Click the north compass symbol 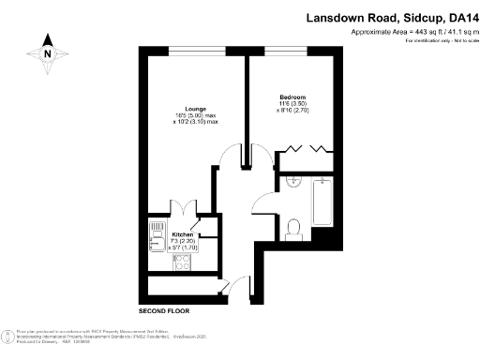point(47,52)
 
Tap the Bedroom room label point(292,97)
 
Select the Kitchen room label point(183,234)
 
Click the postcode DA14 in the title point(460,18)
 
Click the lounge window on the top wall point(196,48)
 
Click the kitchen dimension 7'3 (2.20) point(183,242)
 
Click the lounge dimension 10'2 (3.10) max point(195,122)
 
